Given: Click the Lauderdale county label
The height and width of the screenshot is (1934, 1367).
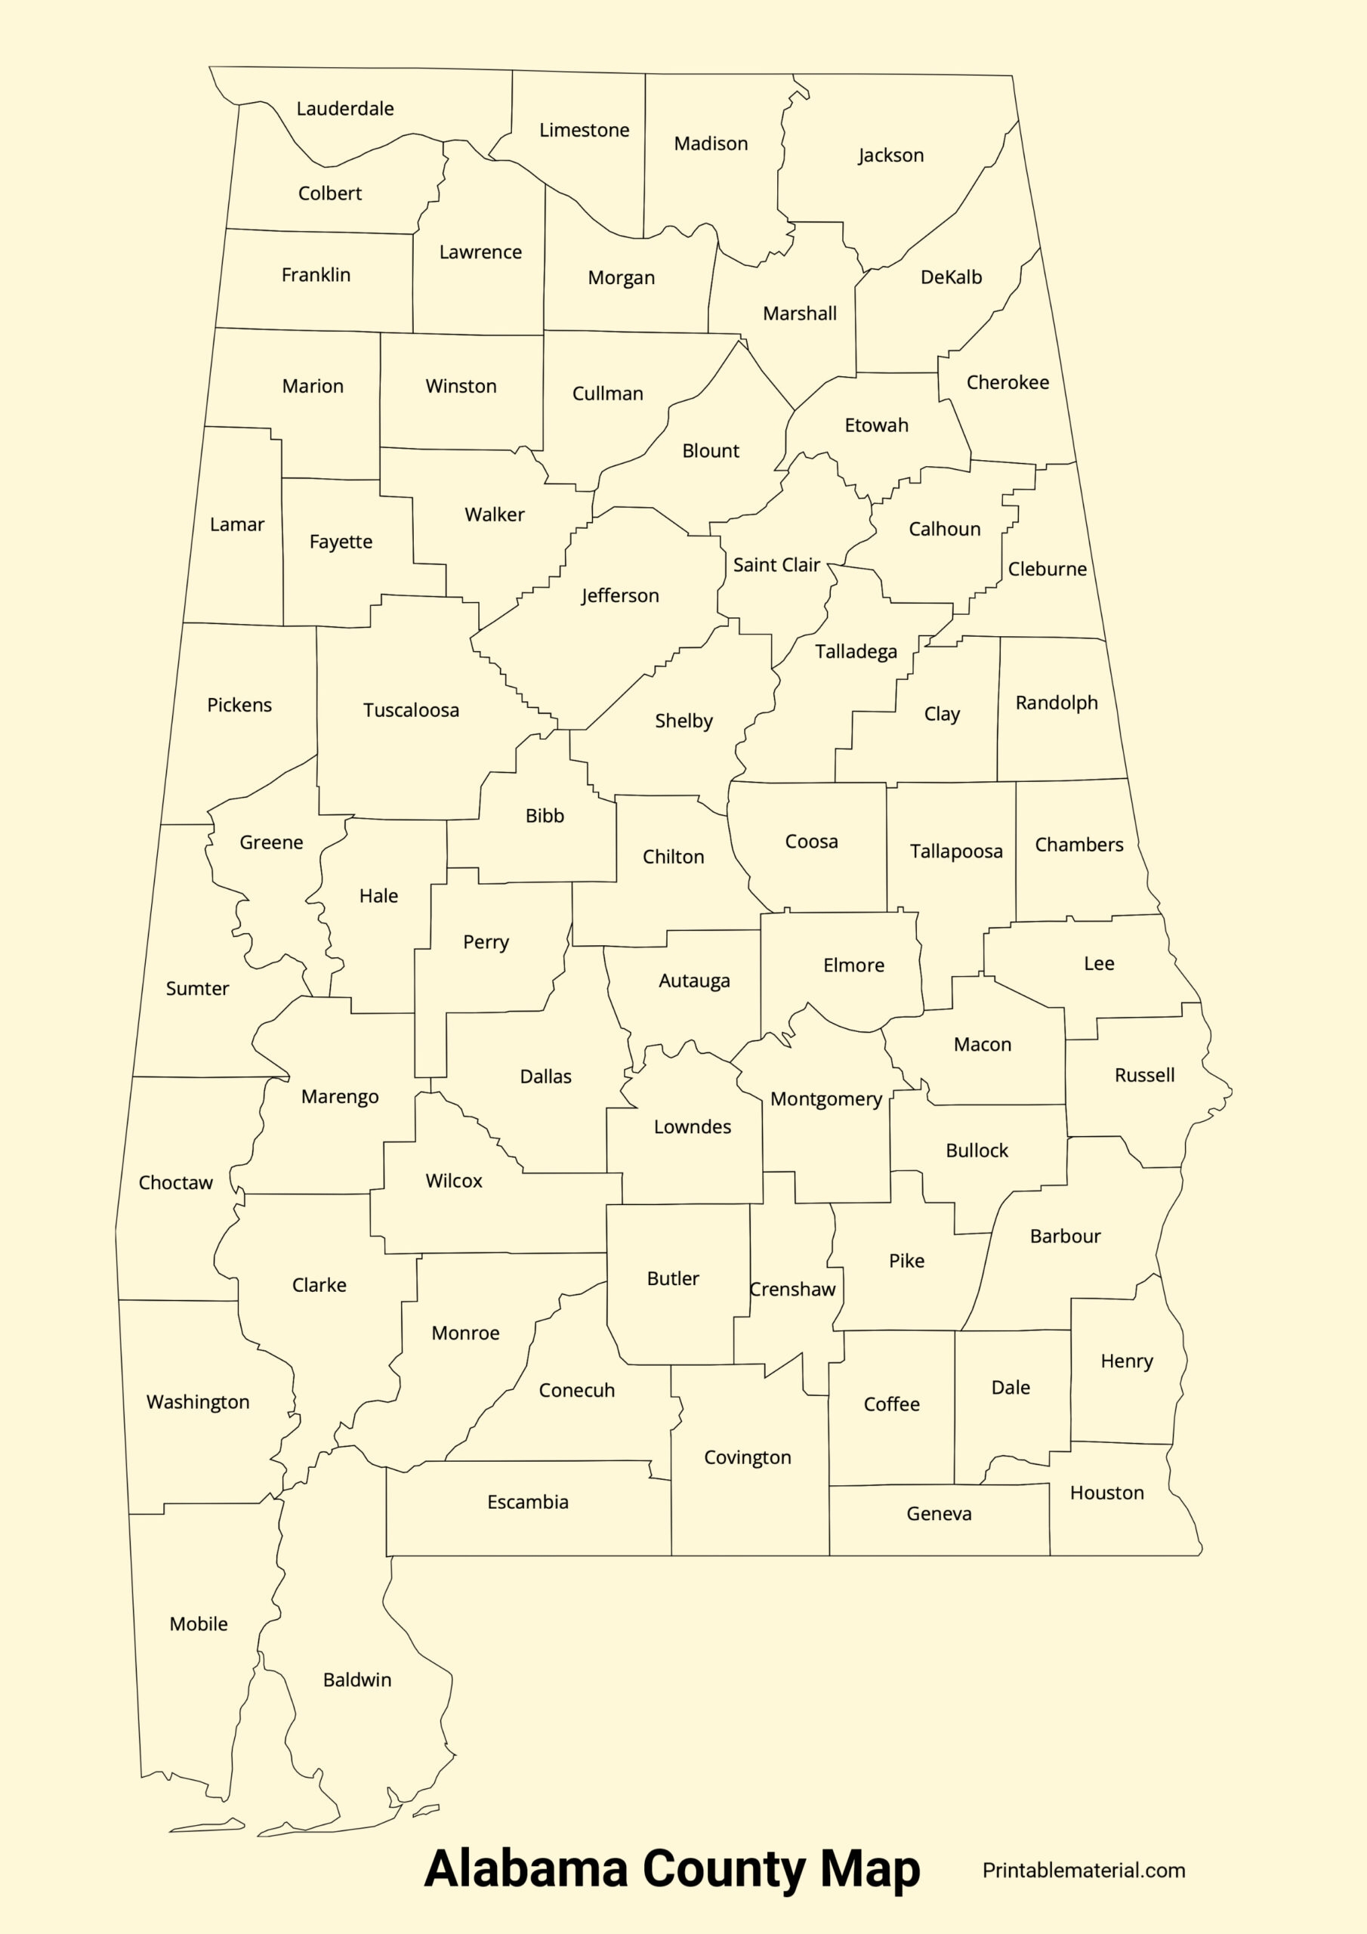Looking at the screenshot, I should coord(344,109).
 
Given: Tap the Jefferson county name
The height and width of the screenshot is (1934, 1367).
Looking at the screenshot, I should coord(620,595).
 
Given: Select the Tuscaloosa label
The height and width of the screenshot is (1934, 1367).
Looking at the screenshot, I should coord(411,710).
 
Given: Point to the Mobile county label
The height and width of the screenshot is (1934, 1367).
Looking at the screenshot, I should coord(198,1624).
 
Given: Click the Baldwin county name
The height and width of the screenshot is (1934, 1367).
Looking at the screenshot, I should coord(357,1679).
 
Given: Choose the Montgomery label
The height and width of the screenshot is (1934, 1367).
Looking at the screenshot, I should coord(825,1099).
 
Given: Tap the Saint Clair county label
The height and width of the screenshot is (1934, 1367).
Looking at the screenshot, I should coord(776,565).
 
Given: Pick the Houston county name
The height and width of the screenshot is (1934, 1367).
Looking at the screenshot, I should coord(1106,1493).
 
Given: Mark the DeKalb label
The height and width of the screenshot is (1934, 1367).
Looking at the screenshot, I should coord(951,277).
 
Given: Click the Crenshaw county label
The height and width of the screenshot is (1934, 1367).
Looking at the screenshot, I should coord(792,1289).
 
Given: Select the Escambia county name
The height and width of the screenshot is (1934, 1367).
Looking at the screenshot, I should coord(527,1502).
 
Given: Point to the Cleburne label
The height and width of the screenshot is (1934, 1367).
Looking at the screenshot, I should coord(1047,569).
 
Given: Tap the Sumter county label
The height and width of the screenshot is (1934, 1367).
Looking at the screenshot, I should coord(197,988).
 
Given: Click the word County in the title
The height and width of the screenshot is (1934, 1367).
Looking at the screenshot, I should coord(724,1868).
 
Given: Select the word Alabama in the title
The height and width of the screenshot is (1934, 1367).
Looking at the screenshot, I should coord(526,1868).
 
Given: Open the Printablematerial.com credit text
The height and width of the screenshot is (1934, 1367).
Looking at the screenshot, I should coord(1083,1870).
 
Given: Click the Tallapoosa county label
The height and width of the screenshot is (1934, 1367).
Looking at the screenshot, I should coord(956,851).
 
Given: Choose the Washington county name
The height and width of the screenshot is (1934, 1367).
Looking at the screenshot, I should coord(198,1401).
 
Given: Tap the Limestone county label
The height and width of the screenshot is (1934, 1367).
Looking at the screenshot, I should coord(584,131).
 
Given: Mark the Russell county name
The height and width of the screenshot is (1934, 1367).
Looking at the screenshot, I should coord(1143,1075).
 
